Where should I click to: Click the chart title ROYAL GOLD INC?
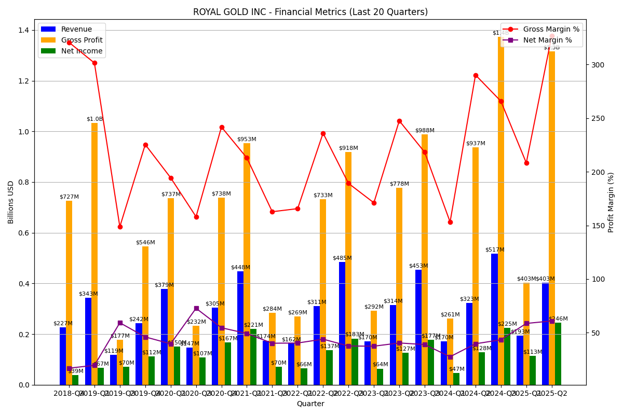click(x=310, y=12)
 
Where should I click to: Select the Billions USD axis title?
click(x=11, y=202)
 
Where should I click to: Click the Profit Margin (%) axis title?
click(x=611, y=202)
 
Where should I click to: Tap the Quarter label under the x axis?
click(x=310, y=404)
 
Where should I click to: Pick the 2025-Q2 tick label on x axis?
click(x=552, y=393)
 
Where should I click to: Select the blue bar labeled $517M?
click(x=494, y=319)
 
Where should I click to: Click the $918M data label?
click(x=348, y=148)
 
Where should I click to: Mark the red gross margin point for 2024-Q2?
click(x=476, y=75)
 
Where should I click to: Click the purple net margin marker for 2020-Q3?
click(x=196, y=308)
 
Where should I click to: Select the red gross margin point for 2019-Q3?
click(x=120, y=227)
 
